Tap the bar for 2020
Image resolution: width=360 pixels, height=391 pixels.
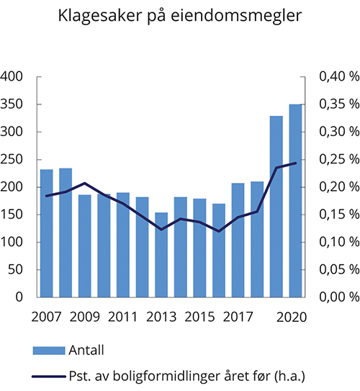(x=295, y=201)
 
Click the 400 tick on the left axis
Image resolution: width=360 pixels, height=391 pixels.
(x=14, y=77)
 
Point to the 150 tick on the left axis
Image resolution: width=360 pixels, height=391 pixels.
(x=14, y=215)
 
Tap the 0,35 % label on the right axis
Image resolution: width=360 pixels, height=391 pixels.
(x=336, y=104)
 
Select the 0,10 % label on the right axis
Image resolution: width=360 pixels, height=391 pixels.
(x=336, y=242)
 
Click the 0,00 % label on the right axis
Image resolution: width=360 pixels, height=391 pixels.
(x=336, y=297)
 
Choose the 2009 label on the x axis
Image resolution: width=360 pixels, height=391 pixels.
(x=84, y=316)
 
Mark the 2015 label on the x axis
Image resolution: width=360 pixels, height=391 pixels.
(x=199, y=316)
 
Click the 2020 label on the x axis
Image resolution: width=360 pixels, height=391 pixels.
(x=296, y=316)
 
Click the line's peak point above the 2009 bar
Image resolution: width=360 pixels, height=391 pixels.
(x=84, y=184)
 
